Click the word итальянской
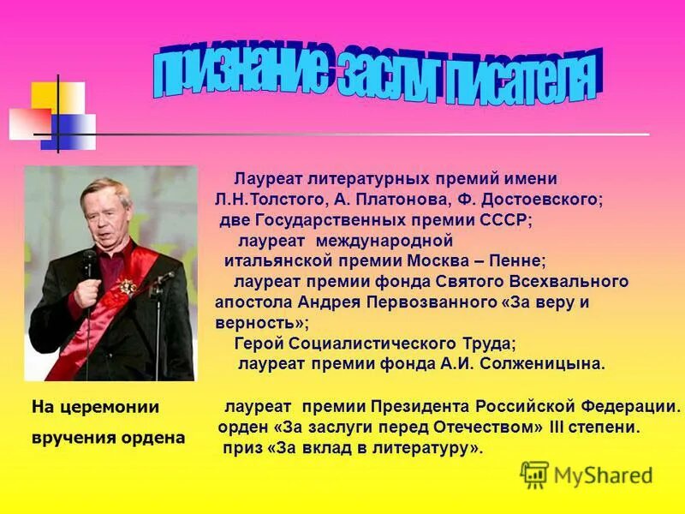tap(274, 260)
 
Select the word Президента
tap(417, 405)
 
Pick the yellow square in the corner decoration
tap(45, 96)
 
